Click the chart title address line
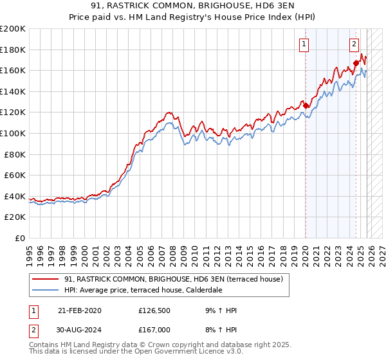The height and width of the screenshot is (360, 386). click(x=193, y=6)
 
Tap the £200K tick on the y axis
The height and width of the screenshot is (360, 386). click(x=13, y=29)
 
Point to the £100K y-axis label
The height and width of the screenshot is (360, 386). click(x=13, y=133)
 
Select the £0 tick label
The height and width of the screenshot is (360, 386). click(x=19, y=238)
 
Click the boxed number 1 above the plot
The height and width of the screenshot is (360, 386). click(x=304, y=44)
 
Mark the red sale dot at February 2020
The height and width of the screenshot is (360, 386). click(x=306, y=106)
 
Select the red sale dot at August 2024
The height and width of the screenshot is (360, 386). click(x=356, y=63)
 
